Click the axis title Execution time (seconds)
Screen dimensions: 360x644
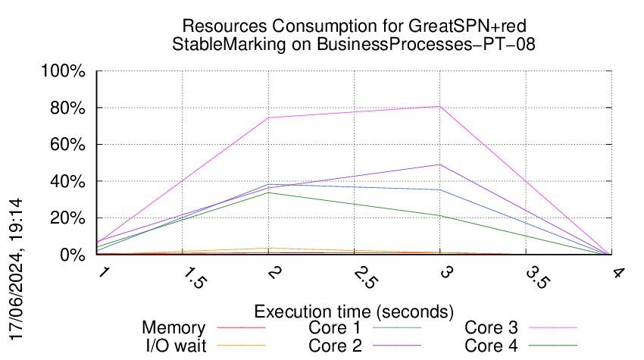pos(354,311)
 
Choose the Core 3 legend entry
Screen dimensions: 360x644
pos(491,327)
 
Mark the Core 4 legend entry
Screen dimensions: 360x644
pos(491,346)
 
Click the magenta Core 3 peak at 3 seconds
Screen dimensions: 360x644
pos(439,107)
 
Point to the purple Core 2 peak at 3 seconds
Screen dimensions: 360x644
pos(439,164)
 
